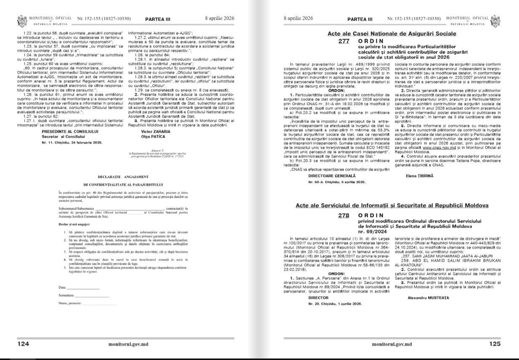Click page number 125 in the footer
pyautogui.click(x=495, y=344)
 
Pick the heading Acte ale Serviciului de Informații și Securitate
pyautogui.click(x=393, y=205)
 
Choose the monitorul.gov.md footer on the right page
pyautogui.click(x=392, y=344)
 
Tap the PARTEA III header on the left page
pyautogui.click(x=158, y=19)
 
